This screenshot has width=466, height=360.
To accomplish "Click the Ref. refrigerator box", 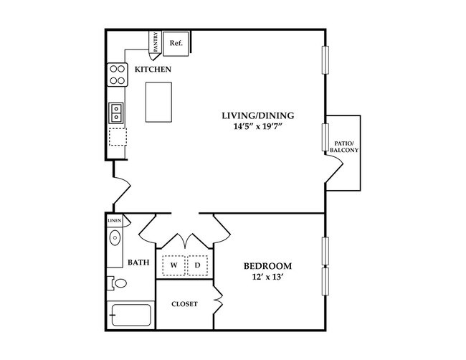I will (x=176, y=44).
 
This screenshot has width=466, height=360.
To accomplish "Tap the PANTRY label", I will (x=156, y=42).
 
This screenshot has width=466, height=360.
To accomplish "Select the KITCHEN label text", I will (x=153, y=70).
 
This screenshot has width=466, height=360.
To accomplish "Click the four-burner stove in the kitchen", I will (x=116, y=74).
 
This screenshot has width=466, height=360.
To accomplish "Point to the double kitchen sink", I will (x=116, y=113).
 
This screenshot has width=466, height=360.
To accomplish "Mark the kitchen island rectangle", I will (x=160, y=102).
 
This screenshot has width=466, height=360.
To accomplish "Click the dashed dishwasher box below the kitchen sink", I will (x=116, y=136).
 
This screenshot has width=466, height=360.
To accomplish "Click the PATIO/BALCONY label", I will (x=345, y=147).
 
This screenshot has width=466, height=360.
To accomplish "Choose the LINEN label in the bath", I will (x=115, y=220).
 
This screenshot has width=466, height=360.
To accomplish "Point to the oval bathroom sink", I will (x=115, y=242).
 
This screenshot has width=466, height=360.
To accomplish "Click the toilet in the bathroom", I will (x=118, y=283).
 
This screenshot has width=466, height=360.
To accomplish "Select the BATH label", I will (x=138, y=262).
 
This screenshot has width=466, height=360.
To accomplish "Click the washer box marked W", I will (x=173, y=265).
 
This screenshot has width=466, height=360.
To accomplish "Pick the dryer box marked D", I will (x=198, y=265).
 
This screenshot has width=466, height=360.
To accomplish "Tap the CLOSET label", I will (x=184, y=304).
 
